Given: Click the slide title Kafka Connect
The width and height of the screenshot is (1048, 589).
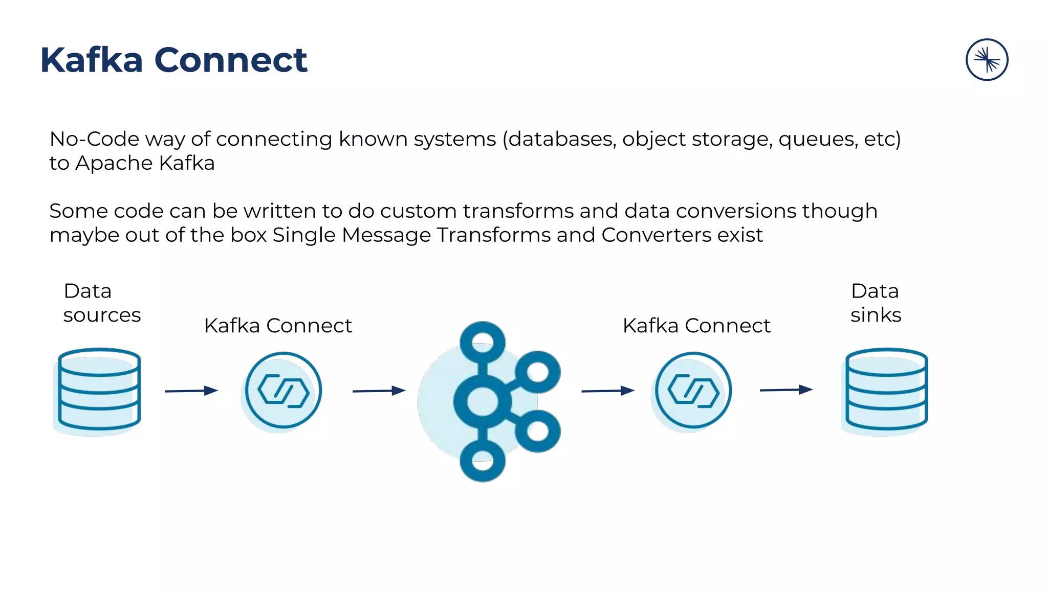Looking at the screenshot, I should pyautogui.click(x=173, y=60).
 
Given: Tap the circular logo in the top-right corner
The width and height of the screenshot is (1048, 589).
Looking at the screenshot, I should pyautogui.click(x=987, y=60).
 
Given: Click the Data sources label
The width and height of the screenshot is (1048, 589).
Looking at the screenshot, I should pyautogui.click(x=101, y=303).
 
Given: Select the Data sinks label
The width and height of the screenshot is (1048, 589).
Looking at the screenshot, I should pyautogui.click(x=876, y=303).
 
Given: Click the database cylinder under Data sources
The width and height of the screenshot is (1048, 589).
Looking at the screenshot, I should pyautogui.click(x=99, y=390).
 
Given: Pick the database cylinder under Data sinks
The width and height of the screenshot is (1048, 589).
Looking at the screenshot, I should pyautogui.click(x=886, y=390).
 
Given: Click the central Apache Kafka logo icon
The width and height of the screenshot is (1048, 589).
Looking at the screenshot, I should pyautogui.click(x=491, y=401).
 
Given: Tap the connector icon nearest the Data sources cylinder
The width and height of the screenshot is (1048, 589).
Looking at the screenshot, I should pyautogui.click(x=283, y=391).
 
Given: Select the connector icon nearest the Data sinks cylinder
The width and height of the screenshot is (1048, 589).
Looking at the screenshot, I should pyautogui.click(x=693, y=391).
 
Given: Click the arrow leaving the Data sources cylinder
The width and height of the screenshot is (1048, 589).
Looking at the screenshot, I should pyautogui.click(x=191, y=391).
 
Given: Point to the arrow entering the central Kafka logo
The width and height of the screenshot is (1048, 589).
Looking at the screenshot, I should pyautogui.click(x=379, y=391).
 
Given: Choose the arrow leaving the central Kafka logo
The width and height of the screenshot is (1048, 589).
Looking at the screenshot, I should pyautogui.click(x=608, y=391).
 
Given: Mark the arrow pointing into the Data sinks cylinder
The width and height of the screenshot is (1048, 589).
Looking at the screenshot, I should pyautogui.click(x=786, y=390).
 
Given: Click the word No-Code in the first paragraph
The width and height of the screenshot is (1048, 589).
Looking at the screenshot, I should pyautogui.click(x=94, y=139).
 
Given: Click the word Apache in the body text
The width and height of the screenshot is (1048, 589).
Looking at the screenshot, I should pyautogui.click(x=114, y=164).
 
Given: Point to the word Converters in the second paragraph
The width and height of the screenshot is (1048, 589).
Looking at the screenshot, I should pyautogui.click(x=656, y=235).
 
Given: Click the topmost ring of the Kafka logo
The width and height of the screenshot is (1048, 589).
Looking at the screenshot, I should pyautogui.click(x=482, y=342).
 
